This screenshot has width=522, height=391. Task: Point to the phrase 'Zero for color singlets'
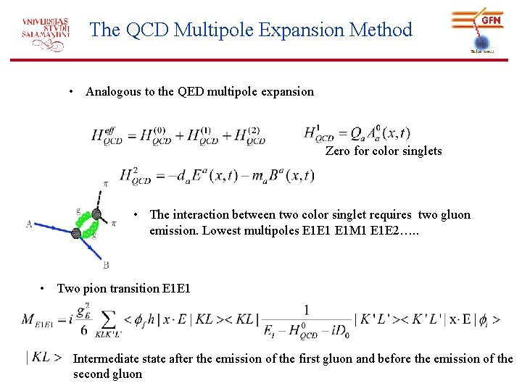[384, 151]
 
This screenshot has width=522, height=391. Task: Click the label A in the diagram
[30, 224]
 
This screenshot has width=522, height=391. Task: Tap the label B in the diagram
[106, 265]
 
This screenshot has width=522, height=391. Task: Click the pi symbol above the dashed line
[106, 184]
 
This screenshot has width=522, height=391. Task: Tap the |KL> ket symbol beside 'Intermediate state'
[43, 356]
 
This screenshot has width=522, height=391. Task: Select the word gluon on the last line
[126, 374]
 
